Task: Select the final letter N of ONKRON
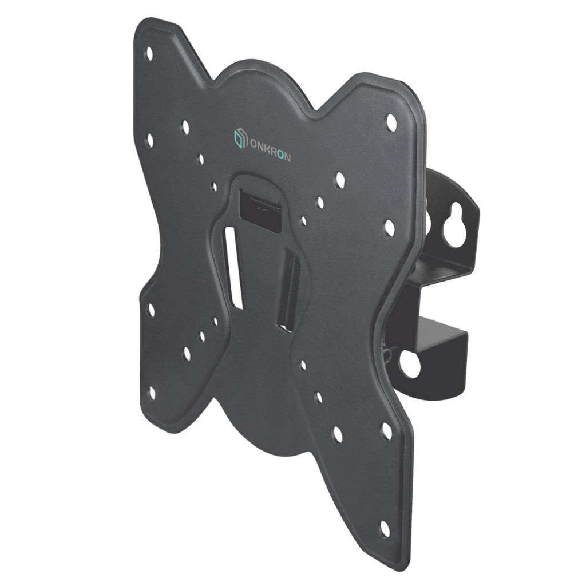point(287,157)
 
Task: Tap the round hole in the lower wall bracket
point(409,362)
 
